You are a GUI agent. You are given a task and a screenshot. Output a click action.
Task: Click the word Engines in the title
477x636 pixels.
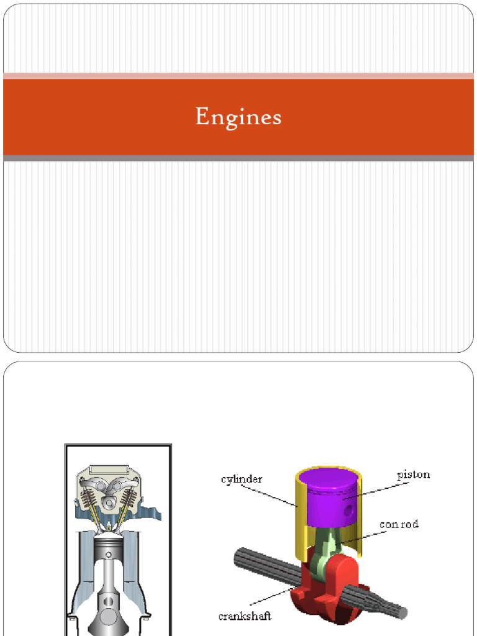pos(238,117)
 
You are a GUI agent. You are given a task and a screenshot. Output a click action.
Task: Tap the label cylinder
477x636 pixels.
pos(242,479)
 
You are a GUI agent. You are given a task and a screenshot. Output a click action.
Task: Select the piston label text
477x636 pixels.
pos(413,475)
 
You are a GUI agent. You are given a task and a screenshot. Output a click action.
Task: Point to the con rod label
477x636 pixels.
pos(399,524)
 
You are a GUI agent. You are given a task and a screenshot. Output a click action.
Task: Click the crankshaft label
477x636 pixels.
pos(245,616)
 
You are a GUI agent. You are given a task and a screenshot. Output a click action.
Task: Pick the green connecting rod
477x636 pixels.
pos(329,547)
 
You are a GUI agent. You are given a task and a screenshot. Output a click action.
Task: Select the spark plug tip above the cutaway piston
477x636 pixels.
pos(109,527)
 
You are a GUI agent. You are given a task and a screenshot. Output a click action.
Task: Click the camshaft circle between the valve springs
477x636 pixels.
pos(109,501)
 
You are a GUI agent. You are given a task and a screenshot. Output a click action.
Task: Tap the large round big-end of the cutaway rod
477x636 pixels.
pos(109,616)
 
